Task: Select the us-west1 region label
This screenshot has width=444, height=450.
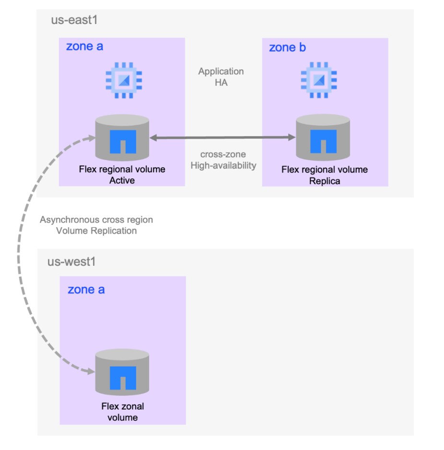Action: (71, 262)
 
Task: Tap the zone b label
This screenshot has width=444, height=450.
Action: (287, 47)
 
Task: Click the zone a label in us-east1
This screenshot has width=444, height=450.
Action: (84, 47)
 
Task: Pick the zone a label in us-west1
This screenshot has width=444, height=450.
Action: (86, 289)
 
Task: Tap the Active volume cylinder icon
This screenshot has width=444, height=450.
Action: (122, 138)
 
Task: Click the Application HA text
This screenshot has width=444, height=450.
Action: (221, 76)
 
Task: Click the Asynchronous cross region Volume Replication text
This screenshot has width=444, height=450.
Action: (96, 225)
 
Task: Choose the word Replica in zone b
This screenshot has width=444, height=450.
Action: (324, 180)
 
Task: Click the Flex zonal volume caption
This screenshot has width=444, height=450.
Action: (123, 412)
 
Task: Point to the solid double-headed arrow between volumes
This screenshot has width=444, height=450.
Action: (222, 138)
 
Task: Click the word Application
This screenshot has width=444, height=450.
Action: (221, 71)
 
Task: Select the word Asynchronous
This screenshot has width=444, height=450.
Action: (70, 220)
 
